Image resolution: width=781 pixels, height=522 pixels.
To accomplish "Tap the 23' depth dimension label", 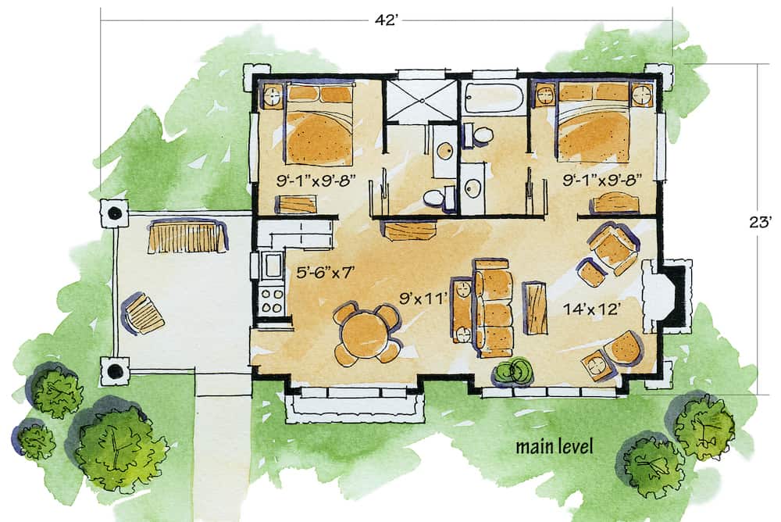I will pos(758,223).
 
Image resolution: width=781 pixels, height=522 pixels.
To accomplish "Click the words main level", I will pos(554,447).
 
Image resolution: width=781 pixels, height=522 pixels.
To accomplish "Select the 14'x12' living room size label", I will pos(591,309).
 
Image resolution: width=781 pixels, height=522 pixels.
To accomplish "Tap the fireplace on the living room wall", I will pos(668,295).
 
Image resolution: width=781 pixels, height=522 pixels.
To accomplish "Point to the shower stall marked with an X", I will pos(423,99).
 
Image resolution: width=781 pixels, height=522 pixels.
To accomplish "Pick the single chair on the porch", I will pos(143,314).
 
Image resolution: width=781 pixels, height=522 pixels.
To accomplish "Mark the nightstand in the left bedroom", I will pos(273,97).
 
